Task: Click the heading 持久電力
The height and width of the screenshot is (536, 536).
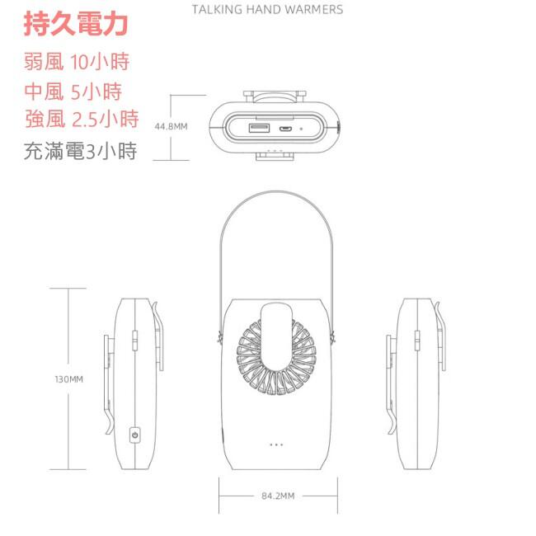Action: click(76, 24)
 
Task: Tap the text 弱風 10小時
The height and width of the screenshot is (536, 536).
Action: click(77, 62)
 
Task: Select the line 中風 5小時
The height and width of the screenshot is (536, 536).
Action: click(73, 92)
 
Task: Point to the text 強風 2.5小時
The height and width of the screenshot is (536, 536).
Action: click(82, 119)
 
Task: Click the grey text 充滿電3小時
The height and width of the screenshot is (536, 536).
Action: click(80, 151)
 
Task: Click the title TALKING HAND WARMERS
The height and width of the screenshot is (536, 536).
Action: click(267, 10)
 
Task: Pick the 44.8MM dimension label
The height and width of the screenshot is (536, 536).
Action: click(171, 127)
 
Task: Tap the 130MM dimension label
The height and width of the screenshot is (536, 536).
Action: click(68, 379)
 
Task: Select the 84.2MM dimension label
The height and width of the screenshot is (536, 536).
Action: click(278, 496)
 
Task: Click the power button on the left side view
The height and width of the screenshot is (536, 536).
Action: click(135, 435)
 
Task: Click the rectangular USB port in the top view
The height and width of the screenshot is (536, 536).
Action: click(259, 129)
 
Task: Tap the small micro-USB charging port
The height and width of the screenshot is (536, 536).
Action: click(284, 129)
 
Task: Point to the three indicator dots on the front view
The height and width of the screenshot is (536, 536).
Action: click(276, 444)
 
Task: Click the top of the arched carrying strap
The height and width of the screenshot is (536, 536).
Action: click(276, 191)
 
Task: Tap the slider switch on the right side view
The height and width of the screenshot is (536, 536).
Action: click(417, 341)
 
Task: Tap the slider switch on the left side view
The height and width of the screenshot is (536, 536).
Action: click(134, 341)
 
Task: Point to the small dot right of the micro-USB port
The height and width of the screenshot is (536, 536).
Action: click(301, 129)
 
